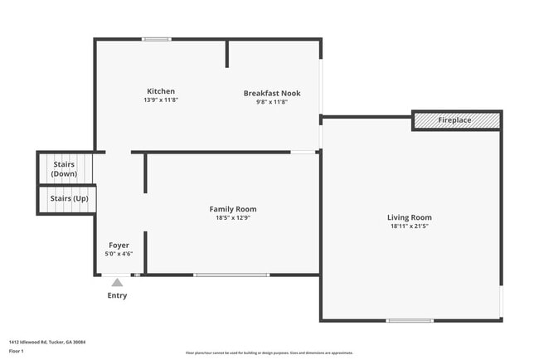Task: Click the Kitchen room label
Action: (161, 91)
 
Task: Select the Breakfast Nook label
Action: (271, 94)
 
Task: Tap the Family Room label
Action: (232, 209)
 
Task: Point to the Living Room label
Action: (410, 217)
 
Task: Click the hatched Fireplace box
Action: (456, 120)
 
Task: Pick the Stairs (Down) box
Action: (65, 169)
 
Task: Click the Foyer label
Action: (119, 246)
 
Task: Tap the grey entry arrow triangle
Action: (118, 283)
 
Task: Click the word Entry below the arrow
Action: (118, 295)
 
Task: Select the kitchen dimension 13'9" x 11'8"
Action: (161, 100)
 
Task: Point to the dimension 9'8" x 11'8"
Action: (271, 102)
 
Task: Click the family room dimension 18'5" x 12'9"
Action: (232, 217)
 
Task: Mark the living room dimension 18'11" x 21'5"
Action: (410, 226)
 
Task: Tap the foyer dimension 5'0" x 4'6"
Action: (119, 254)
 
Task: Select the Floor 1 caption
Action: (17, 352)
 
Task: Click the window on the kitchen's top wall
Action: (156, 39)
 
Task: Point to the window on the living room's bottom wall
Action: (410, 321)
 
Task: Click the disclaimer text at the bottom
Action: (269, 353)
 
